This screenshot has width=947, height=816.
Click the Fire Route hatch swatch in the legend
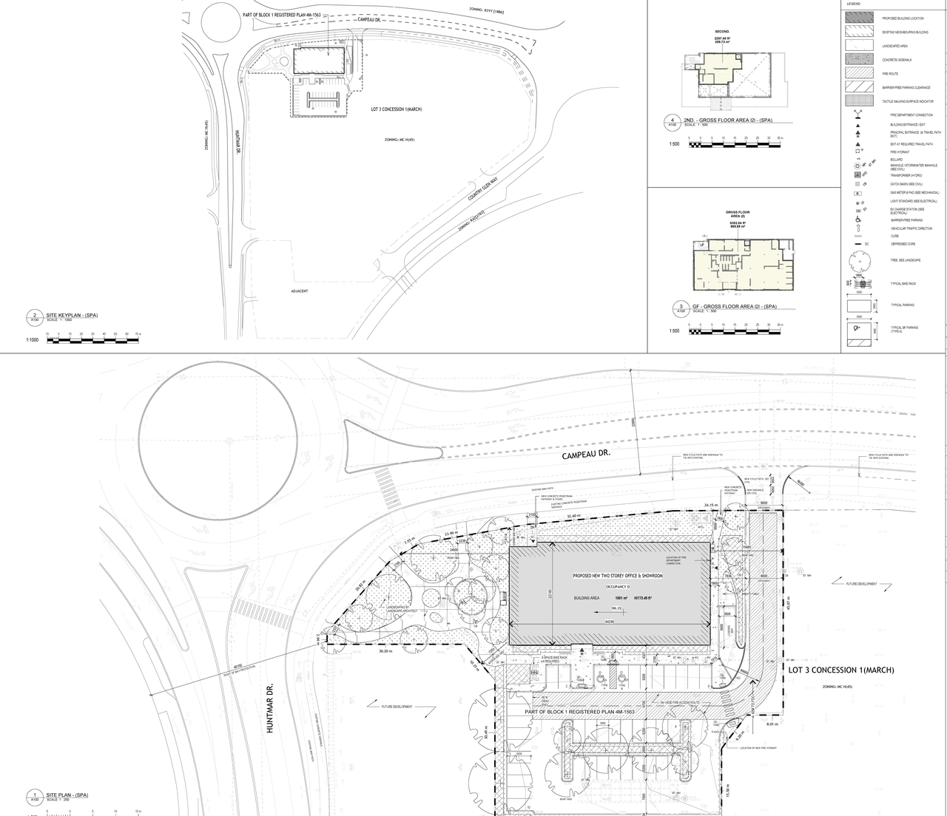(x=857, y=74)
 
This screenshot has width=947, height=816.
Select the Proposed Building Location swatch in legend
(x=857, y=18)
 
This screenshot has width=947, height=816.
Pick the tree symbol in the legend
(x=857, y=260)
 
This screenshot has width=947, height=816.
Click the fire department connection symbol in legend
(x=857, y=115)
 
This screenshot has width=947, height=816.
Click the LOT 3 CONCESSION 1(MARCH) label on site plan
(x=841, y=670)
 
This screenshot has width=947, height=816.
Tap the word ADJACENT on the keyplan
(x=300, y=291)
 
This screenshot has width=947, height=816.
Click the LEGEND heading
(x=853, y=4)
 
